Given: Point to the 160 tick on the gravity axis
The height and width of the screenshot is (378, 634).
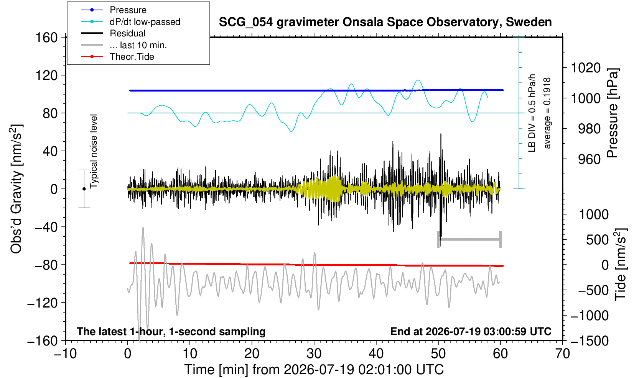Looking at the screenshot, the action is click(46, 37).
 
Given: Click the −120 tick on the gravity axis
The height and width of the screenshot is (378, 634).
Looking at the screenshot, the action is click(43, 303).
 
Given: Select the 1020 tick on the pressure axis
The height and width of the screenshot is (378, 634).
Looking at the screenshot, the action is click(586, 68).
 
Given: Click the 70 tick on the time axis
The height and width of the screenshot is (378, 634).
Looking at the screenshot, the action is click(562, 354).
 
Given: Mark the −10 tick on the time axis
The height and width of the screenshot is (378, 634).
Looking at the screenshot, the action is click(65, 354).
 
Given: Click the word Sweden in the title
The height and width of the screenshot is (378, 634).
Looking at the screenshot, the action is click(529, 22).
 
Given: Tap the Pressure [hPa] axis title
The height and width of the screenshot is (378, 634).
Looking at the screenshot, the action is click(613, 113).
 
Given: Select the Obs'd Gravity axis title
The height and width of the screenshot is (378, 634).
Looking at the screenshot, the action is click(16, 189).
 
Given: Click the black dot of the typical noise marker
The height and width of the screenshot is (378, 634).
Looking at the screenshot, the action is click(84, 189).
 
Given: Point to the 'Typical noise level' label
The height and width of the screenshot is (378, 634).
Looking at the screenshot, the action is click(94, 151).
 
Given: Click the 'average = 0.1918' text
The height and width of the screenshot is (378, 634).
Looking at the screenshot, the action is click(547, 113).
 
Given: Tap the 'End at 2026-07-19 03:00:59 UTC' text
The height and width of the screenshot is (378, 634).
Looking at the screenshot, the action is click(471, 331).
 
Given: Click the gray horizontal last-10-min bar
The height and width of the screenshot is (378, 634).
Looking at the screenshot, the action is click(469, 239).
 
